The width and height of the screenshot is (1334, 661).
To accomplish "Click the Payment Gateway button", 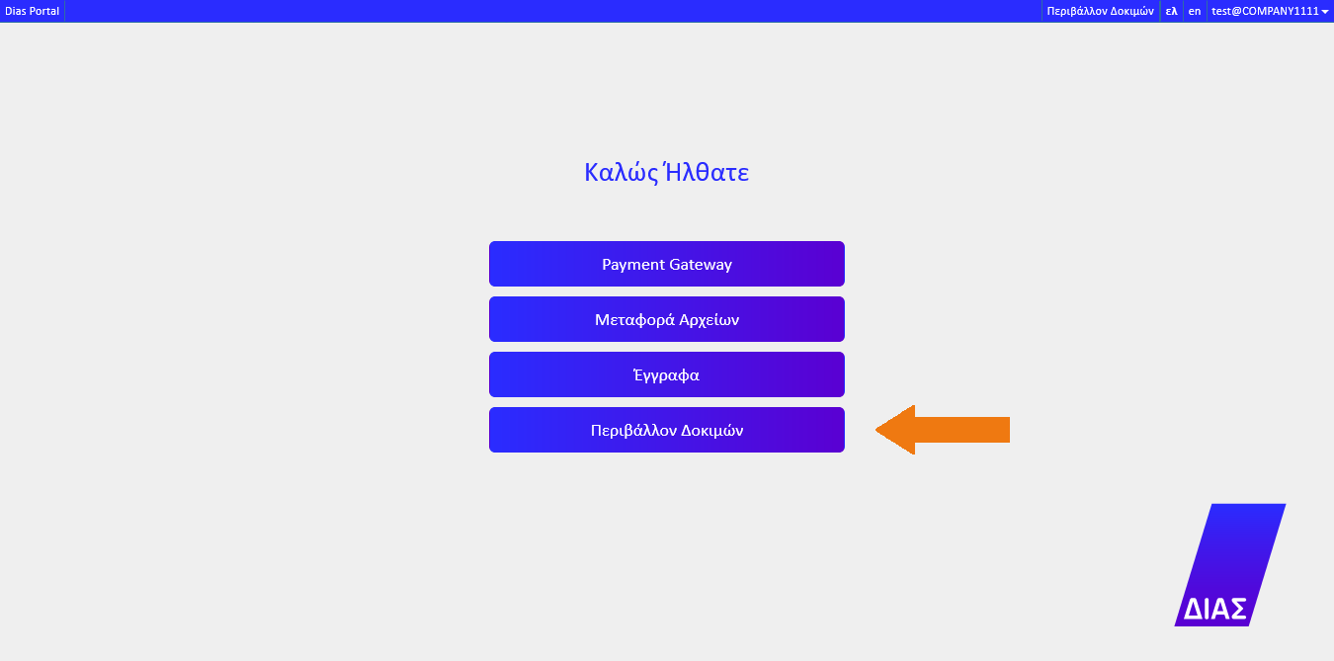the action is click(666, 264).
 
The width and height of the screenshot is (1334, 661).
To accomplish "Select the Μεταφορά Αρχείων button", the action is click(666, 319).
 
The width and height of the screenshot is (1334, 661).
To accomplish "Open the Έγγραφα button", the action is click(666, 374).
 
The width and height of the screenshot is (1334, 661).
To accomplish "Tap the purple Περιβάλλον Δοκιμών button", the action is click(666, 430).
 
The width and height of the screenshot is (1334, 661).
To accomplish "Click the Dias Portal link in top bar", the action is click(33, 11).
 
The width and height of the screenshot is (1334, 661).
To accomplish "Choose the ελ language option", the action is click(1171, 11).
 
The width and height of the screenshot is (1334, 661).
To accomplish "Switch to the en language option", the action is click(1195, 11).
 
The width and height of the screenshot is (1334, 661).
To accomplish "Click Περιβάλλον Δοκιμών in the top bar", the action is click(1100, 11).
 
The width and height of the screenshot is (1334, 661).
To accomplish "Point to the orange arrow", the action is click(943, 430).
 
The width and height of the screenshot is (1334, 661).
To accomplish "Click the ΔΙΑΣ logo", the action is click(1230, 564).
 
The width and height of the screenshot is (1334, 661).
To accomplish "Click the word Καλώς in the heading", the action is click(622, 173).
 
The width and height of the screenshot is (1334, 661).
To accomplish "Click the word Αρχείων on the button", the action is click(709, 320).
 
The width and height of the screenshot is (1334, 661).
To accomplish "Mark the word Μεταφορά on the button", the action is click(634, 320).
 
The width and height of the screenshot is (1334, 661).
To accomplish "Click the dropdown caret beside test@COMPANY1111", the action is click(1325, 12).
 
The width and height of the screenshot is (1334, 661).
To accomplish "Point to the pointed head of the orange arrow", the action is click(876, 430).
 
